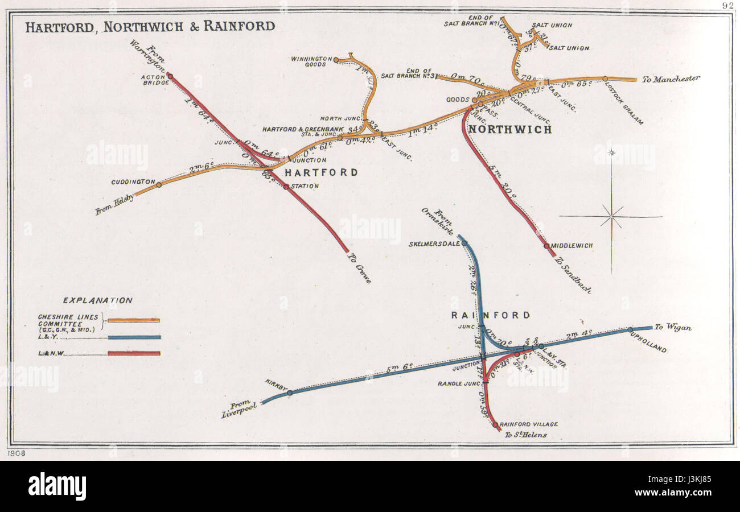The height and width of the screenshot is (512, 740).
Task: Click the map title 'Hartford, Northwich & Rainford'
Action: (150, 26)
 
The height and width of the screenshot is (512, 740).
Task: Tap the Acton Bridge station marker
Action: (170, 76)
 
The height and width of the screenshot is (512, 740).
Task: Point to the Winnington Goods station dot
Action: (336, 60)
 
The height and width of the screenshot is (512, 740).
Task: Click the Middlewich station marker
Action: (546, 246)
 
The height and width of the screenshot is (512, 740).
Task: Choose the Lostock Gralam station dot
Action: (605, 79)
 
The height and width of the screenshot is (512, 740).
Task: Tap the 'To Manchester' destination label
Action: (671, 79)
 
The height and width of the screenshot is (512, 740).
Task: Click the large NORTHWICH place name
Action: (509, 130)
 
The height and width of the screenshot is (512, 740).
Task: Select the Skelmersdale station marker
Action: (464, 243)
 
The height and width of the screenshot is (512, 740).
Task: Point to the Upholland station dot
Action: (630, 329)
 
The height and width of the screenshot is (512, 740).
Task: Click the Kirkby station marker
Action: (290, 393)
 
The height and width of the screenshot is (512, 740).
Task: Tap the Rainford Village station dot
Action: (495, 424)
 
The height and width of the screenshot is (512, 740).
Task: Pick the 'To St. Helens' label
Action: (525, 435)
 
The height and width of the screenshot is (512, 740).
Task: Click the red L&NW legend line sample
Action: (134, 353)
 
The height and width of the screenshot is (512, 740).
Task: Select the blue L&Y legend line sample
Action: (134, 337)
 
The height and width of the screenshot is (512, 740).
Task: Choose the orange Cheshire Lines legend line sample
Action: (134, 320)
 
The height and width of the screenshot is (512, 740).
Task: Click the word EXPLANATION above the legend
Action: (98, 300)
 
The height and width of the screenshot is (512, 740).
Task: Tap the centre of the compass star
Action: (611, 216)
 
